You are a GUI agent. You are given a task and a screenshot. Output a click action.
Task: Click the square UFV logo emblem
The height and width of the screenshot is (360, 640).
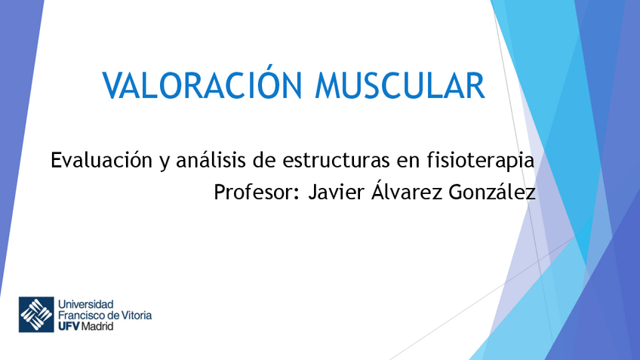click(36, 315)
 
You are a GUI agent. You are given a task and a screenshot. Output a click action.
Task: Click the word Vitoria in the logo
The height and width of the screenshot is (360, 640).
click(136, 315)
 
